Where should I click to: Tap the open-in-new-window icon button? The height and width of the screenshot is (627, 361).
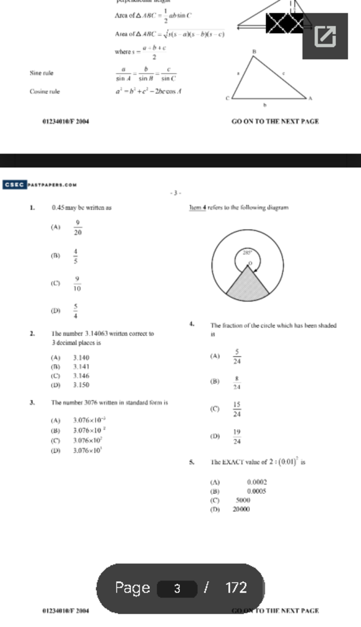(x=325, y=36)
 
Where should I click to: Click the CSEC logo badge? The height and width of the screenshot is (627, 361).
(x=14, y=184)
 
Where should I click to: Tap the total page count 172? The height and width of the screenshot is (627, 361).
(x=236, y=588)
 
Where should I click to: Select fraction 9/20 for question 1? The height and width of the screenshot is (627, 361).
(x=78, y=227)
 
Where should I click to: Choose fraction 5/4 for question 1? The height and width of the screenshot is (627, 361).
(x=76, y=311)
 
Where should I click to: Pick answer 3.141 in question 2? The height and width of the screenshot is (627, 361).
(x=81, y=366)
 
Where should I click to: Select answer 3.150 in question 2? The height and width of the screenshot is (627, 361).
(x=81, y=385)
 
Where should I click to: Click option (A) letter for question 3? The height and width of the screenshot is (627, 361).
(x=56, y=420)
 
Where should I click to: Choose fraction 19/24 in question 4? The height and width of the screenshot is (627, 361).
(x=237, y=437)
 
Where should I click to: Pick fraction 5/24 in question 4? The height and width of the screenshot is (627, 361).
(x=237, y=357)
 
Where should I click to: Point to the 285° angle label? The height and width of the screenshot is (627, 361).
(x=247, y=253)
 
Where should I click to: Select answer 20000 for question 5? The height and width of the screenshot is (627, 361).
(x=241, y=509)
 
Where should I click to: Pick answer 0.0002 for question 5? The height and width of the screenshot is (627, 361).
(x=257, y=482)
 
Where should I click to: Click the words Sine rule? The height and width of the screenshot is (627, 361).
(x=42, y=73)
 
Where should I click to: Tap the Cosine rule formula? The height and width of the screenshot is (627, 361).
(x=148, y=91)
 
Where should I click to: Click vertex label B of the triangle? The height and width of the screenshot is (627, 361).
(x=254, y=51)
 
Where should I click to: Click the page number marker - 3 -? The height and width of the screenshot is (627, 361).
(x=175, y=193)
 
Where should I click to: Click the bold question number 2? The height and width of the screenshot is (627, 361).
(x=32, y=333)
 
